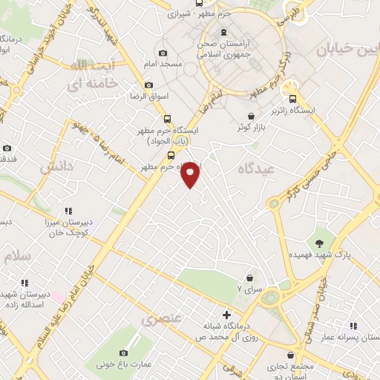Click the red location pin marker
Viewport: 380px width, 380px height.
pos(191,174)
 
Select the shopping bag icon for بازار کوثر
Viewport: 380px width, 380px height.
pos(252,117)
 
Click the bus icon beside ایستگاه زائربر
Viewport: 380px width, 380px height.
pos(293,99)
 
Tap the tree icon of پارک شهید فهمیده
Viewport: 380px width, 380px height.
pos(320,243)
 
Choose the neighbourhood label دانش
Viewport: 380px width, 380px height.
pos(56,168)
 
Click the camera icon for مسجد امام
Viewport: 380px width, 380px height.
pos(163,53)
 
